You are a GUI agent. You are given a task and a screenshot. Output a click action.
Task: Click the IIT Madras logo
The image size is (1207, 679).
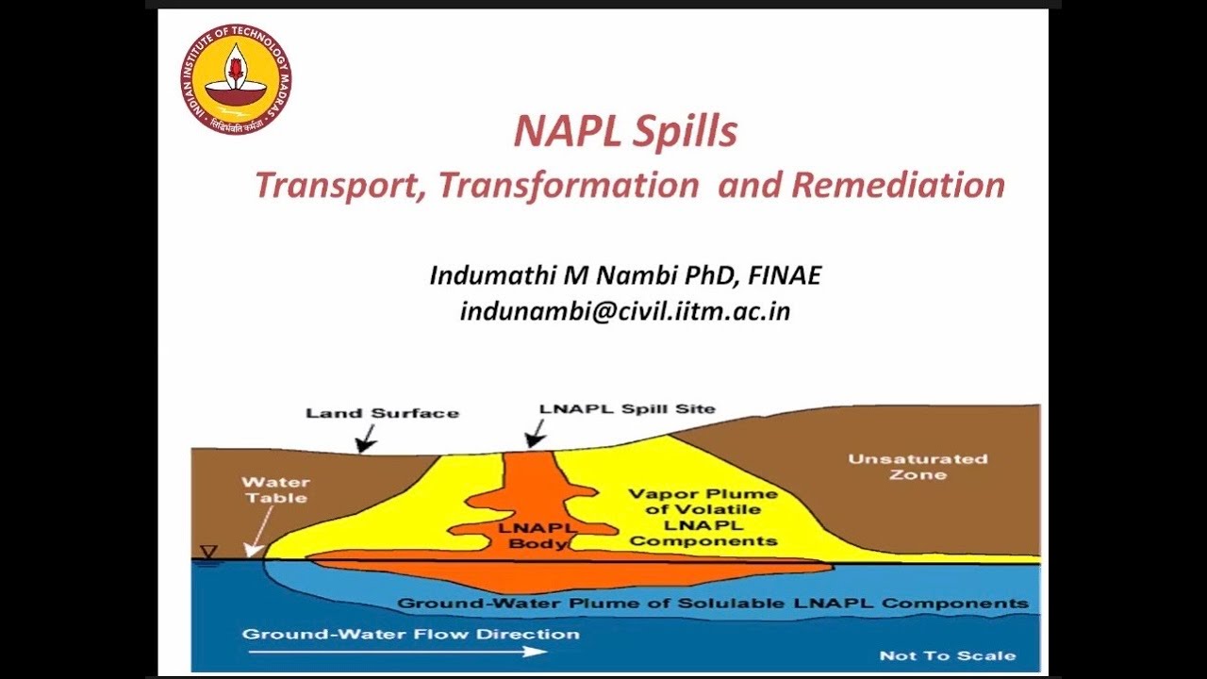tap(236, 79)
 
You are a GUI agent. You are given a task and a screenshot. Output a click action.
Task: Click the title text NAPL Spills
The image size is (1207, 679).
tap(624, 132)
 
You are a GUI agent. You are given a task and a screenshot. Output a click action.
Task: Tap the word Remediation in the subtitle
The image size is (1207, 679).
tap(898, 185)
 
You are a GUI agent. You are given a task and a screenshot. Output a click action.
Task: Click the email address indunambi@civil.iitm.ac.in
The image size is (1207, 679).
tap(625, 311)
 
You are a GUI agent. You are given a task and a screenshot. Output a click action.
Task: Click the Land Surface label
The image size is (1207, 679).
tap(382, 413)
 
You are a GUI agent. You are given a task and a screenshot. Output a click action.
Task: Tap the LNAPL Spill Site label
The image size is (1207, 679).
tap(627, 409)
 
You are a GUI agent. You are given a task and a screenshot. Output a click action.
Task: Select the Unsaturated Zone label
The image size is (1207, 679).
tap(918, 467)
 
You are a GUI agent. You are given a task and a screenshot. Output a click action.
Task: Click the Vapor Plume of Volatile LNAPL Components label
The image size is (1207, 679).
tap(703, 517)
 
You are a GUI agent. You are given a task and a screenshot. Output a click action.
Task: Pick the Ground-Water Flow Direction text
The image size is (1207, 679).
tap(411, 634)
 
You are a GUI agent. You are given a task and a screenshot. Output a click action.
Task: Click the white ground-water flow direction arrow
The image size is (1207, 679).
tap(396, 651)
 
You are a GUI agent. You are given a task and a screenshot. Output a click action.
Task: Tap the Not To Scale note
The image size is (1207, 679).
tap(947, 655)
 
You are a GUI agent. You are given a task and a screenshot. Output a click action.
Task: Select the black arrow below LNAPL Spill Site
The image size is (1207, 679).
tap(536, 434)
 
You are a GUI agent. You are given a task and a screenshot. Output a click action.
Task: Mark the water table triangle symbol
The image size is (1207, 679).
tap(208, 553)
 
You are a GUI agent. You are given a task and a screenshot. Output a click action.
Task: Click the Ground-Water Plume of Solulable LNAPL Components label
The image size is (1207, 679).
tap(713, 604)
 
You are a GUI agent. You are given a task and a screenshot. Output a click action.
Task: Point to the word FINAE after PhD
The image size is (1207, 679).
tap(785, 275)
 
